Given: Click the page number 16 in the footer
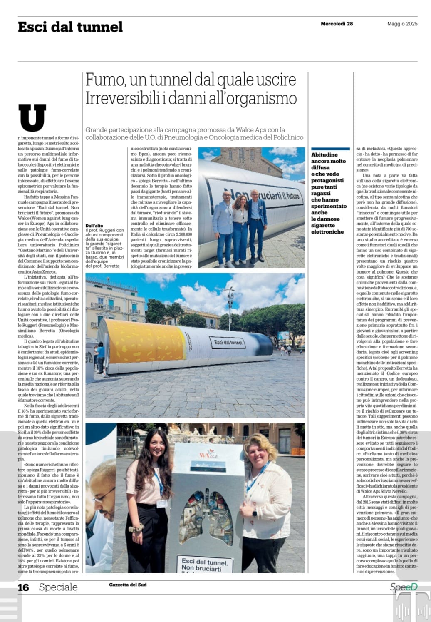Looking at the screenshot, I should [23, 587].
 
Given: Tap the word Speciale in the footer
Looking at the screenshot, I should [58, 587].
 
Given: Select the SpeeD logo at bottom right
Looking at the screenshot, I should [404, 587].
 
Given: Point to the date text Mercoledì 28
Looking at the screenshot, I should [337, 24].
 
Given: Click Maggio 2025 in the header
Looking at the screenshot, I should [402, 24].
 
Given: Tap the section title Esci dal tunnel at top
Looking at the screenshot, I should [70, 27].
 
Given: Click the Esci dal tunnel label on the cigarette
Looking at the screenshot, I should [228, 342].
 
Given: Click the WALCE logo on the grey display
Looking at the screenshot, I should [208, 454].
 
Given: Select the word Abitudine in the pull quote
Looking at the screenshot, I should [324, 155].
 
